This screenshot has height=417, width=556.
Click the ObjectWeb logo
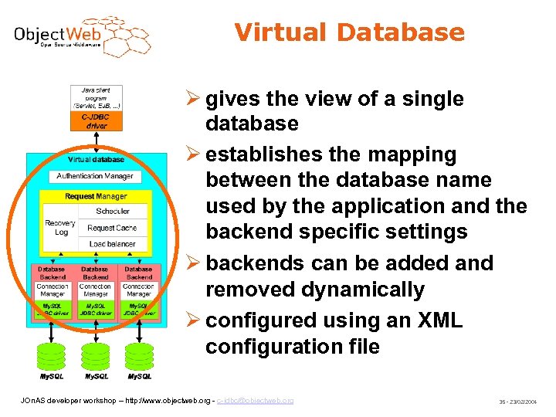coord(82,36)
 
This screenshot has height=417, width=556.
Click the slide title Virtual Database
coord(349,32)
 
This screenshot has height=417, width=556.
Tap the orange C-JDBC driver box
coord(96,120)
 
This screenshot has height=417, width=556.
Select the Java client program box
coord(96,98)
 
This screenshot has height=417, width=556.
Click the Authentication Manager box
coord(95,176)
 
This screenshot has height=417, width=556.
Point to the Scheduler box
coord(112,211)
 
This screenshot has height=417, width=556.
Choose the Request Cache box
coord(112,228)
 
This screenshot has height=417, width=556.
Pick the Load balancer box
coord(112,244)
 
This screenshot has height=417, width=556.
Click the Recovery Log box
coord(61,227)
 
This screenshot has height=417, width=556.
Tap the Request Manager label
coord(95,196)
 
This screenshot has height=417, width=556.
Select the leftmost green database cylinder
coord(53,357)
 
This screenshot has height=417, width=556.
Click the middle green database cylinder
coord(96,357)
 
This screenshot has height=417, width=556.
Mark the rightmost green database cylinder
coord(139,357)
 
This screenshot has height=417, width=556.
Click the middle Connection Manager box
coord(96,290)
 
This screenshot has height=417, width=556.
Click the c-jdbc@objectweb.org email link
coord(255,401)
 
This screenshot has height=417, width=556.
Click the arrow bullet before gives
coord(194,100)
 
